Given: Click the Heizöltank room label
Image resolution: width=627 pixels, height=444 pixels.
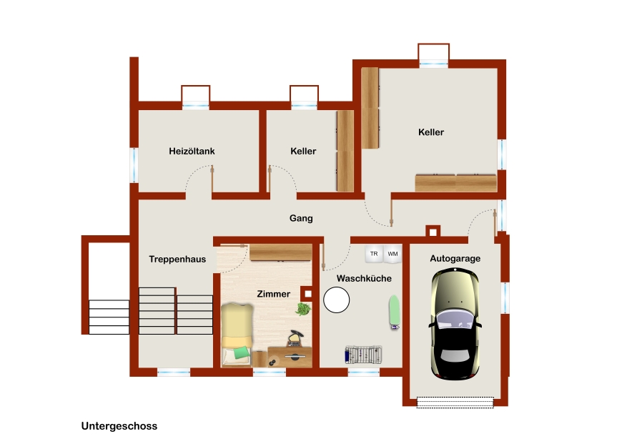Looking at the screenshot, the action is pyautogui.click(x=192, y=151).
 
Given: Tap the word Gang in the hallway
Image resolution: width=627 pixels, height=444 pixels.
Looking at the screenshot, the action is pyautogui.click(x=301, y=218).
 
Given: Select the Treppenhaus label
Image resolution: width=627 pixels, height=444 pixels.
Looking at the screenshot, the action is pyautogui.click(x=177, y=260).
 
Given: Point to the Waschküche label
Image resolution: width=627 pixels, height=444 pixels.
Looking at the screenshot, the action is pyautogui.click(x=364, y=278).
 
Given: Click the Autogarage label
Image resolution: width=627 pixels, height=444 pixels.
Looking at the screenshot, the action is pyautogui.click(x=455, y=259).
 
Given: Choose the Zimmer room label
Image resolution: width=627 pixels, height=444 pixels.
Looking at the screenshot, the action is pyautogui.click(x=274, y=294).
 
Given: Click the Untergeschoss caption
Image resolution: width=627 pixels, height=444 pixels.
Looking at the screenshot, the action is pyautogui.click(x=119, y=426).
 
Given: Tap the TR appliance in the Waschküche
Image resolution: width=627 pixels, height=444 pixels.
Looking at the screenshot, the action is pyautogui.click(x=374, y=254).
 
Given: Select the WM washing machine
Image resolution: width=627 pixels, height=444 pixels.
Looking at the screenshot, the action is pyautogui.click(x=393, y=255).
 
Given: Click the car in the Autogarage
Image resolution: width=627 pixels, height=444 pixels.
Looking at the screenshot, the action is pyautogui.click(x=455, y=324).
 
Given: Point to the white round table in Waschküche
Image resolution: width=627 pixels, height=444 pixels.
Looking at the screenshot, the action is pyautogui.click(x=336, y=300).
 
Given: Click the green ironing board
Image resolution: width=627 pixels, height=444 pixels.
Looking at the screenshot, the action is pyautogui.click(x=394, y=312).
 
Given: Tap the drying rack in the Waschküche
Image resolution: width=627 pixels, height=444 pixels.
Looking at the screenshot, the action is pyautogui.click(x=363, y=355).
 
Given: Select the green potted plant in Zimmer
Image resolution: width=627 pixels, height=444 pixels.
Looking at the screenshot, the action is pyautogui.click(x=304, y=308).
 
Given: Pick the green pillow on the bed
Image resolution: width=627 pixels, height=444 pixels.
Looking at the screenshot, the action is pyautogui.click(x=242, y=352).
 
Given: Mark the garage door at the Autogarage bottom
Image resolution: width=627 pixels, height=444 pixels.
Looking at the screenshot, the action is pyautogui.click(x=455, y=402).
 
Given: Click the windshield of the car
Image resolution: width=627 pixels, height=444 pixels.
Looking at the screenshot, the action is pyautogui.click(x=455, y=320).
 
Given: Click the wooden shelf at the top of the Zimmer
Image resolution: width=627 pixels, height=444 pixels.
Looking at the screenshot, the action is pyautogui.click(x=281, y=252).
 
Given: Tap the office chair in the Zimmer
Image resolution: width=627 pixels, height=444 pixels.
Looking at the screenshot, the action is pyautogui.click(x=295, y=338).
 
